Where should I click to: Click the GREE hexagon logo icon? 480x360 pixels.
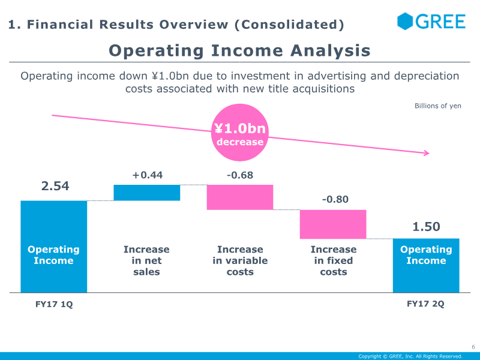pos(405,21)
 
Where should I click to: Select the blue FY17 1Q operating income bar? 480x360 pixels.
pos(54,247)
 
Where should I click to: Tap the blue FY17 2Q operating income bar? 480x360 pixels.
pos(426,265)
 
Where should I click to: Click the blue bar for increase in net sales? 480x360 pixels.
pos(147,193)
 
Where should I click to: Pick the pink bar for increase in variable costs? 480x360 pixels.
pos(240,197)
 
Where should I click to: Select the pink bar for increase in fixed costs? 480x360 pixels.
pos(333,224)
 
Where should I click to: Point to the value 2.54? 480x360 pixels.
pos(55,186)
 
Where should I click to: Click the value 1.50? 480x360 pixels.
pos(426,227)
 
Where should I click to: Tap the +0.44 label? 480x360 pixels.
pos(148,175)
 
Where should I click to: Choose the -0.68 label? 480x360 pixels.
pos(240,175)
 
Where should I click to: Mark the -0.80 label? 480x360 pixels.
pos(335,199)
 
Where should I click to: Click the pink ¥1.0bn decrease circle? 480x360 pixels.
pos(240,133)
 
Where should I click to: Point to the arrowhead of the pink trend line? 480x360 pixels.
pos(428,153)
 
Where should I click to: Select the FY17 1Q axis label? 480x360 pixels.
pos(54,304)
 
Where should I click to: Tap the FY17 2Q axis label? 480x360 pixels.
pos(425,304)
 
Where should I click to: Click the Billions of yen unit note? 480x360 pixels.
pos(438,106)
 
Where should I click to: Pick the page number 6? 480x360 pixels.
pos(473,347)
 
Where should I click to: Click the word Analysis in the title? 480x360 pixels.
pos(331,51)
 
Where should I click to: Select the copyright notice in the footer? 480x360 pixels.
pos(410,356)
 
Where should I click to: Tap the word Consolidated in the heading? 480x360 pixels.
pos(289,25)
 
